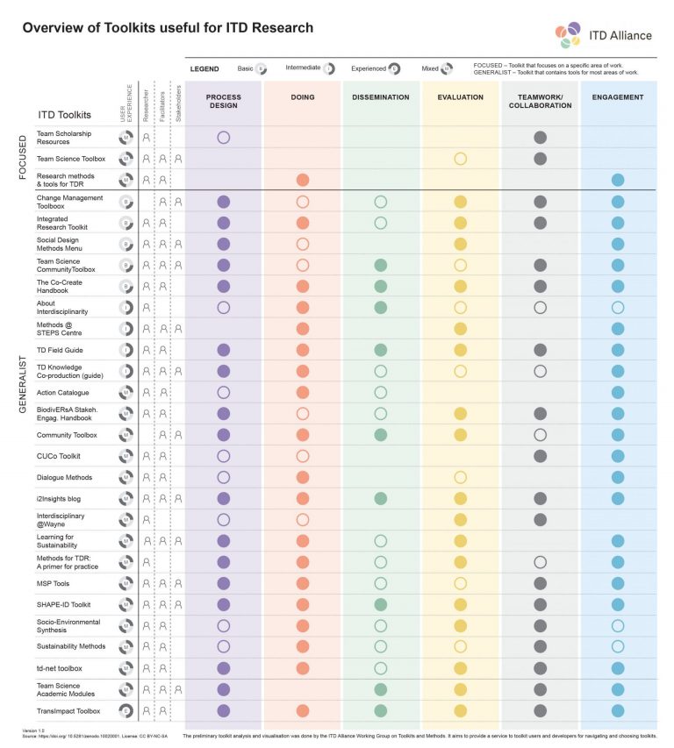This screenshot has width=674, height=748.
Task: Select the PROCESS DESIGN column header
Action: (223, 101)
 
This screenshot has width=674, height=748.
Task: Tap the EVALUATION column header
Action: (460, 96)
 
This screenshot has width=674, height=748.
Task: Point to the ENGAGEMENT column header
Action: (618, 96)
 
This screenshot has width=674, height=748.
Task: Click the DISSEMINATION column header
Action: (380, 96)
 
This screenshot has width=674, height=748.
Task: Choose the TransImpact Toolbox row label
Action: (68, 711)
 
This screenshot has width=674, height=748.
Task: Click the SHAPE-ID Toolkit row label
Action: (64, 604)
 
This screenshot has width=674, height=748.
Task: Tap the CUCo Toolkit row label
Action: (59, 457)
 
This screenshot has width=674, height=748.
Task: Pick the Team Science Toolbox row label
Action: (71, 159)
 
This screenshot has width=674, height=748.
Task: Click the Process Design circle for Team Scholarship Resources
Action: (223, 138)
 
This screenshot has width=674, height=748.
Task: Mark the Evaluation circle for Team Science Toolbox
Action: (460, 159)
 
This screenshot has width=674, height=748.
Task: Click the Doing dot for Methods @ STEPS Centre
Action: (302, 328)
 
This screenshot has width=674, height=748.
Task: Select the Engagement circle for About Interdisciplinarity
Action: (618, 307)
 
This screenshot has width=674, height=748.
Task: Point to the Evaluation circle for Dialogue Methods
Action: (460, 477)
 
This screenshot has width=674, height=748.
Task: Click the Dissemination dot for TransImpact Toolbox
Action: (380, 710)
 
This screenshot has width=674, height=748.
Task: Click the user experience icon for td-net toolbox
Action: (125, 668)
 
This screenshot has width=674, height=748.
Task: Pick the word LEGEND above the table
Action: (204, 68)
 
